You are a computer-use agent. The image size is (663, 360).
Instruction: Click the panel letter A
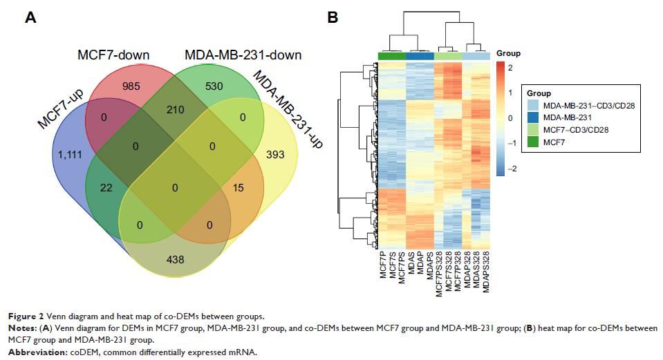point(30,19)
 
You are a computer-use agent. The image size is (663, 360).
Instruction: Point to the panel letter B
point(333,19)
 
